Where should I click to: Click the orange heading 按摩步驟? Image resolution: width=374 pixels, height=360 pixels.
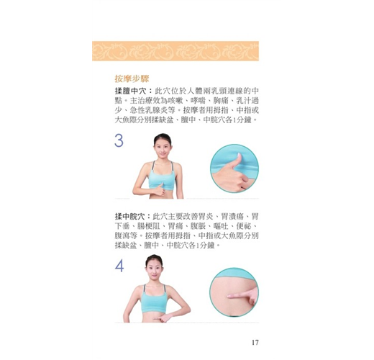[132, 78]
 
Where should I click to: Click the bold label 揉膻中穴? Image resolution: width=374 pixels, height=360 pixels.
[130, 91]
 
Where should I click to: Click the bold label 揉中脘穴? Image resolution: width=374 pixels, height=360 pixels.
[129, 217]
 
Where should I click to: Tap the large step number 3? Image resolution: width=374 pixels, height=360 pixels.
[119, 140]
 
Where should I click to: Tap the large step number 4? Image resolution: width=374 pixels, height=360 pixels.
[119, 266]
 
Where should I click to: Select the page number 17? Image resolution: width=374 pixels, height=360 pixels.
[255, 342]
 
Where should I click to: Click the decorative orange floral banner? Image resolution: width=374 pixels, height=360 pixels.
[175, 51]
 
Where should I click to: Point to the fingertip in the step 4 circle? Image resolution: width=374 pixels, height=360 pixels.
[229, 296]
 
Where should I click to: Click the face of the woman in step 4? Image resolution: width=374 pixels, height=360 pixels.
[154, 269]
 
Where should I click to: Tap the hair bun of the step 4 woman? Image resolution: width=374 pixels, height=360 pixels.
[154, 256]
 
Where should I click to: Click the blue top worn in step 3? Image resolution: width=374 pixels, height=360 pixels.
[161, 179]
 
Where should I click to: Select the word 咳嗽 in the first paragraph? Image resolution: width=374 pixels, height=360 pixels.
[175, 101]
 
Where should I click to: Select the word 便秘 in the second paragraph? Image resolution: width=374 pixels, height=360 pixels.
[244, 226]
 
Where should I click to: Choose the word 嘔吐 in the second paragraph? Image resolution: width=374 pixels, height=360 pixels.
[221, 226]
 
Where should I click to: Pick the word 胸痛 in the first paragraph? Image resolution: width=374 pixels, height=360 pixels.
[221, 101]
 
